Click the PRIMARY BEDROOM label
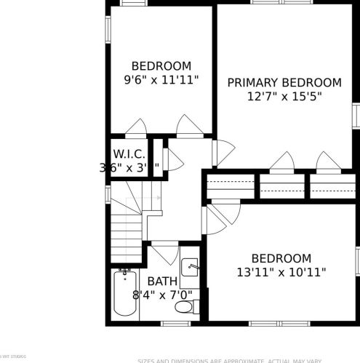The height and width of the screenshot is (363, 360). click(284, 82)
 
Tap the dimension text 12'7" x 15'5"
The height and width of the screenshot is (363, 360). click(284, 96)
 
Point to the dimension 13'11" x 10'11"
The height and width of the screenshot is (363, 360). click(281, 272)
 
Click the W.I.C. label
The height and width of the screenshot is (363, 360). click(129, 153)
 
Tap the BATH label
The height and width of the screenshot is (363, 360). click(161, 282)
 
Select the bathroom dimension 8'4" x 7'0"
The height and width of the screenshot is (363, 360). click(162, 295)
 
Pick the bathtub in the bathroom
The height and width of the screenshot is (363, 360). click(126, 294)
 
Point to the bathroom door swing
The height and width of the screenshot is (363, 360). click(166, 253)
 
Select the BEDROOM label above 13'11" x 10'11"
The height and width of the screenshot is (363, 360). click(281, 258)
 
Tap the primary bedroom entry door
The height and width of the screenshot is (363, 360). click(223, 151)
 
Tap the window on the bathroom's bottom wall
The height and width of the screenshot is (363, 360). click(175, 322)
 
